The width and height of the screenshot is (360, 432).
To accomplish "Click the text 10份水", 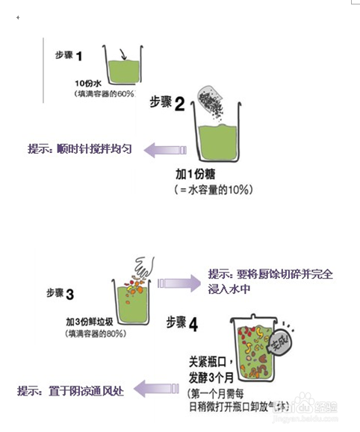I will (x=89, y=83).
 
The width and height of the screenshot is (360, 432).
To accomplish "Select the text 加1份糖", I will (x=195, y=174).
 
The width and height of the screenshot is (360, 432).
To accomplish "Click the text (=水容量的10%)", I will (x=212, y=190).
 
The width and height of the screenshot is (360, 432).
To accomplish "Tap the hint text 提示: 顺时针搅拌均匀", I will (x=80, y=148).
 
